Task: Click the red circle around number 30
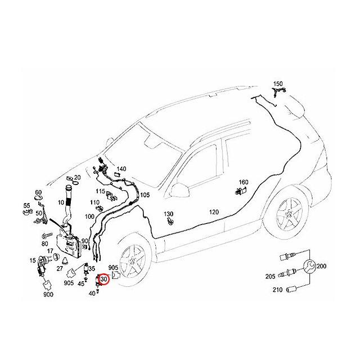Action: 103,278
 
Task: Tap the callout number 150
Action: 278,84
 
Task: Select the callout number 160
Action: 244,182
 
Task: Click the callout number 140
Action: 121,169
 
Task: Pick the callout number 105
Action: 145,195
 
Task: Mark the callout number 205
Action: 270,276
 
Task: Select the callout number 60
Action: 38,192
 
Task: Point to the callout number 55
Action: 26,205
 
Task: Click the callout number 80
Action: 44,244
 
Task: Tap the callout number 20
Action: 77,178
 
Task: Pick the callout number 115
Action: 100,191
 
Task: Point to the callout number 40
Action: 92,293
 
